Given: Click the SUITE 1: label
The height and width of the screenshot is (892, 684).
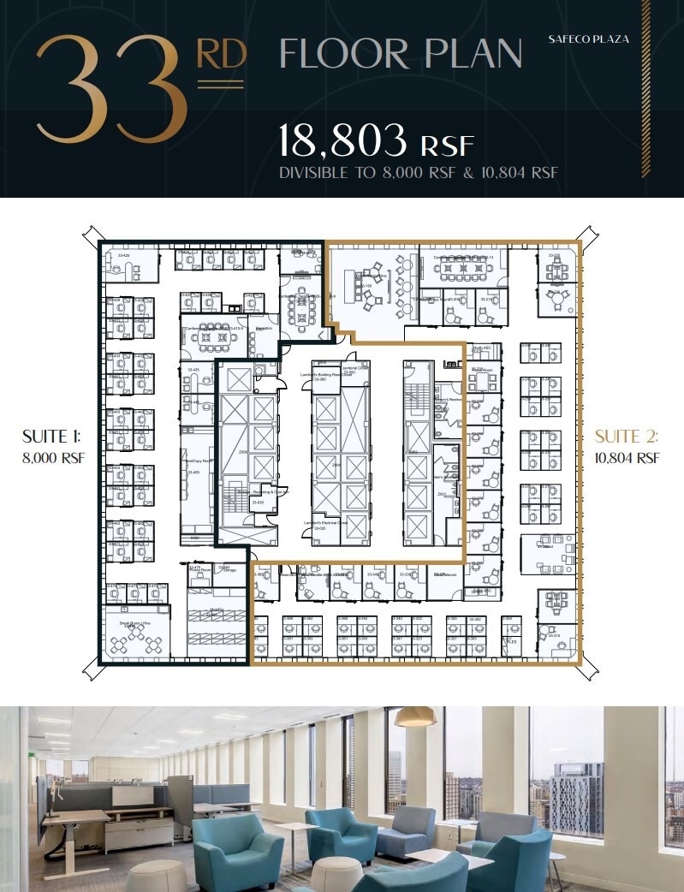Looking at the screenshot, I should (51, 438).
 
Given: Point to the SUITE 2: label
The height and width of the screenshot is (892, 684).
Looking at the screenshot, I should (627, 437).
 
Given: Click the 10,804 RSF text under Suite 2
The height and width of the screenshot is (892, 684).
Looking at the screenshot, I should (627, 458).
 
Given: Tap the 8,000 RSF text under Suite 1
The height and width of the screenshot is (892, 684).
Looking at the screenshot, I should (51, 458).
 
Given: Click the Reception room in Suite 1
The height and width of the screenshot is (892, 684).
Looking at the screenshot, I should (264, 334).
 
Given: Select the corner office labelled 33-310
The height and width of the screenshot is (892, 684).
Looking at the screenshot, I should (556, 635).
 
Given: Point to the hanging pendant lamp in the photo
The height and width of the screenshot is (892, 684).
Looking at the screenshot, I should (415, 716).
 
